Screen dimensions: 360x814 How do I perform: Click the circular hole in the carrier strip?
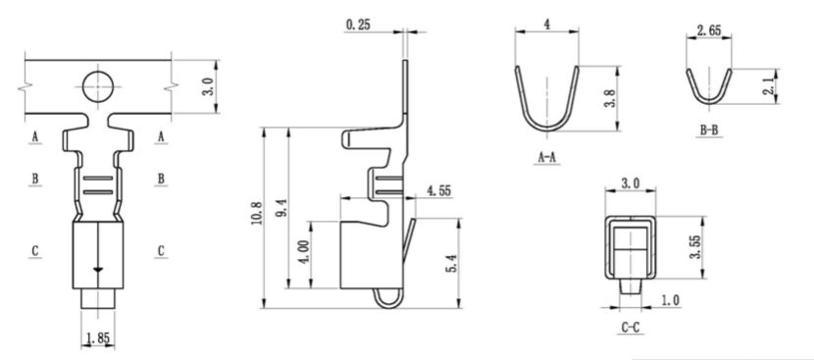click(x=96, y=86)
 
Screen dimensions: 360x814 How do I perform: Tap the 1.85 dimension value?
click(x=95, y=338)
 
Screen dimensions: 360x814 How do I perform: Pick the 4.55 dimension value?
click(x=437, y=191)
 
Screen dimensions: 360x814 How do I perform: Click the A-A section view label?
click(x=546, y=156)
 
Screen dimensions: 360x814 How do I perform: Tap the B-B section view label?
click(x=709, y=129)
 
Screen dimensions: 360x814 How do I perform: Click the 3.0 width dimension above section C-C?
click(x=631, y=183)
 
